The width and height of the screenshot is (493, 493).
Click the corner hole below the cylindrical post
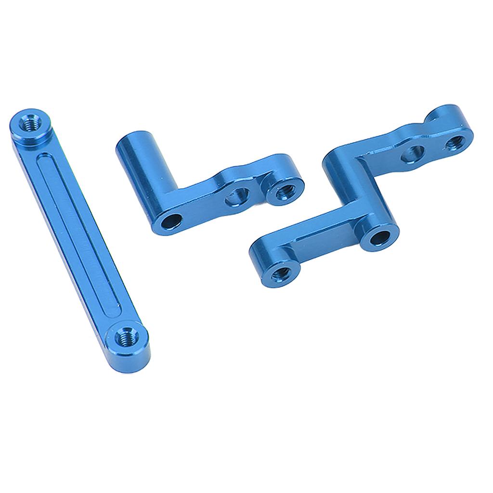pos(171,221)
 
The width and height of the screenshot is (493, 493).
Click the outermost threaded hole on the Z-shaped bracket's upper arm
pos(456,142)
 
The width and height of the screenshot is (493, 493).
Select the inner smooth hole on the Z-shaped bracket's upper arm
pos(413,152)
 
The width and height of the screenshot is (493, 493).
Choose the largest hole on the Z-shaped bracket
pos(380,236)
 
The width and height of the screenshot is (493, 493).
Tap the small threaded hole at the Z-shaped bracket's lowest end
pos(281,273)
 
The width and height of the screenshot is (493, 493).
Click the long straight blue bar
pos(77,236)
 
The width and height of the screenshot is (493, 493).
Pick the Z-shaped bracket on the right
pos(356,202)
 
